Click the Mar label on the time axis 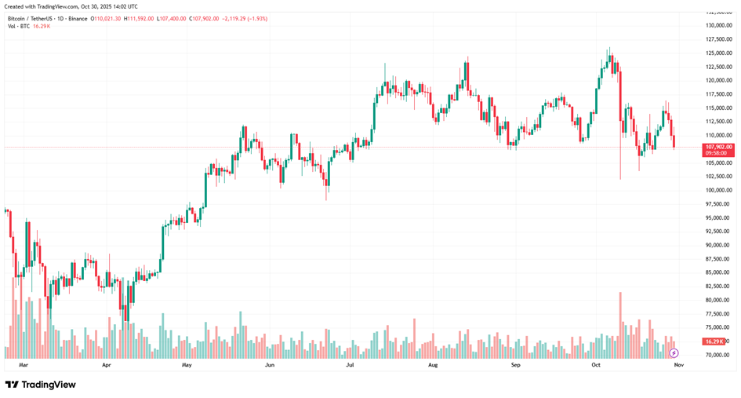point(23,365)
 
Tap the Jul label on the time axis point(350,365)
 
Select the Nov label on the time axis point(679,365)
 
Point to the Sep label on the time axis point(515,365)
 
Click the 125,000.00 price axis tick point(719,53)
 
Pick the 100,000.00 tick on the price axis point(719,190)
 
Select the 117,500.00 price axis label point(719,94)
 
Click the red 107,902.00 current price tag point(719,147)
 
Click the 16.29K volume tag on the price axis point(714,341)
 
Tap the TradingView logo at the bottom point(40,385)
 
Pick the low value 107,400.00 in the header point(173,18)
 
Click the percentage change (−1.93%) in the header point(255,18)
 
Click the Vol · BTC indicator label point(19,26)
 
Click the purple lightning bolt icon point(674,353)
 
